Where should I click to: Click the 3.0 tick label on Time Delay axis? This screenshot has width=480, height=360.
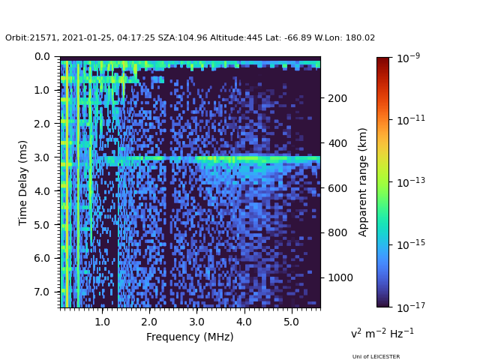[x=42, y=157]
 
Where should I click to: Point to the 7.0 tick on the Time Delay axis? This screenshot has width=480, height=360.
[x=42, y=292]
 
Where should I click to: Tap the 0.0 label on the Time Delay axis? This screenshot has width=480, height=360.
[x=42, y=57]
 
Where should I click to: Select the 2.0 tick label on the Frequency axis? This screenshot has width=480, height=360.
[x=149, y=322]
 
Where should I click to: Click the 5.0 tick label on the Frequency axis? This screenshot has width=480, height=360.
[x=292, y=322]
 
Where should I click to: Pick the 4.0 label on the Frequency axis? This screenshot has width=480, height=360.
[x=244, y=322]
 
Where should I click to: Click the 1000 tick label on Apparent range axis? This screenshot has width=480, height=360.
[x=340, y=277]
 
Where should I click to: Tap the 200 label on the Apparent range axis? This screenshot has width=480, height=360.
[x=337, y=98]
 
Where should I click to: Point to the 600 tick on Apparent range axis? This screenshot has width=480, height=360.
[x=337, y=188]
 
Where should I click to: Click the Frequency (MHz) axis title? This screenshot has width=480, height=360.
[x=190, y=337]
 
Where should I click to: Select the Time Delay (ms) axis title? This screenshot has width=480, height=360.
[x=22, y=183]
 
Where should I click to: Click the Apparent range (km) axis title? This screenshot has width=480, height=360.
[x=362, y=182]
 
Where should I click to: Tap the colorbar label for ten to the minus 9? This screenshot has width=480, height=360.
[x=408, y=57]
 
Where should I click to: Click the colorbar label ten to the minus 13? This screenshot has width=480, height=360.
[x=411, y=182]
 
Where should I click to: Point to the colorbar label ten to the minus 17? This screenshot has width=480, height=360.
[x=411, y=307]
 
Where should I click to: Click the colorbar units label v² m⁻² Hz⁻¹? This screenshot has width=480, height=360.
[x=382, y=333]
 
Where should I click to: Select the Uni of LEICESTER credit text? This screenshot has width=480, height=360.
[x=376, y=357]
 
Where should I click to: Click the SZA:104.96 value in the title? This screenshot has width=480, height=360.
[x=182, y=38]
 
